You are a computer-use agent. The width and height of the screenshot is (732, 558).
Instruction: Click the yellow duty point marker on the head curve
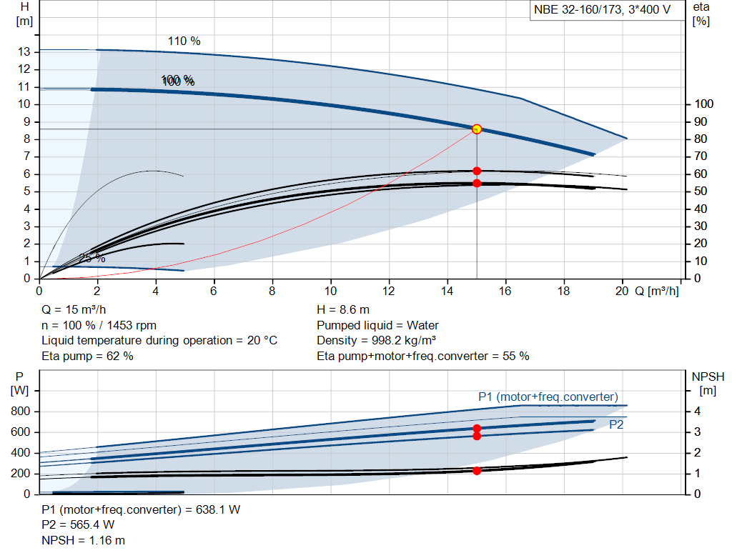coord(477,129)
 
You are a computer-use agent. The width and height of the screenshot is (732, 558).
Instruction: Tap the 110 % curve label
coord(184,41)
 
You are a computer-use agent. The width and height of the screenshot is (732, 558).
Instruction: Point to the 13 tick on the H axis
coord(24,52)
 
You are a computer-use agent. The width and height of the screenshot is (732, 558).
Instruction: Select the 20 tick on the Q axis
coord(622,291)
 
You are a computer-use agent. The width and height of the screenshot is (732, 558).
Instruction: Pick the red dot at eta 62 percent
coord(477,171)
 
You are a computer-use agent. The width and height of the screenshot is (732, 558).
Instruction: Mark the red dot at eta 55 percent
coord(477,183)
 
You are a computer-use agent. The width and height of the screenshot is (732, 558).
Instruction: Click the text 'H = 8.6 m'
coord(343,310)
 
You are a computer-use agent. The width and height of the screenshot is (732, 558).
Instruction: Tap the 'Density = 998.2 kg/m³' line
coord(377,340)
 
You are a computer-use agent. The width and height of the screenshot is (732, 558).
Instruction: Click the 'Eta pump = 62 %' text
coord(87,356)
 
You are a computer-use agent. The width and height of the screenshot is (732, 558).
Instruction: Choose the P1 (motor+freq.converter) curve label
coord(548,397)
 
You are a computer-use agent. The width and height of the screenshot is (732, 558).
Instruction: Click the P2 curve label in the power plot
coord(617,424)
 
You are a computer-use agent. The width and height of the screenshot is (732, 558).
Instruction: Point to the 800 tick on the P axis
coord(21,412)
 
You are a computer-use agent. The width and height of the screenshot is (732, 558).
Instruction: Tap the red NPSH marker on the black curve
coord(477,470)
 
